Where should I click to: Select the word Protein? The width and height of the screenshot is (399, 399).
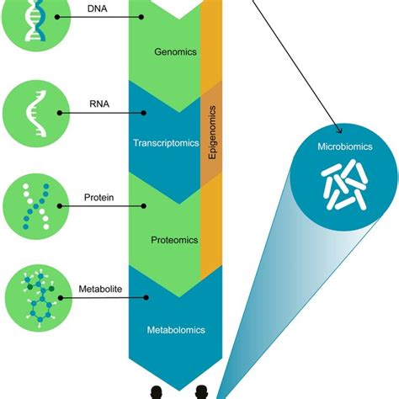[x=98, y=199]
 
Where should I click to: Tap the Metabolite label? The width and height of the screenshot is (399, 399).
[x=99, y=289]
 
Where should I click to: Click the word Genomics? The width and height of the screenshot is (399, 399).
[x=175, y=52]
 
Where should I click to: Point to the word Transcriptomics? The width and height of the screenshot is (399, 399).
[x=165, y=143]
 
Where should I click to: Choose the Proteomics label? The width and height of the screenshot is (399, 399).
[x=174, y=240]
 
